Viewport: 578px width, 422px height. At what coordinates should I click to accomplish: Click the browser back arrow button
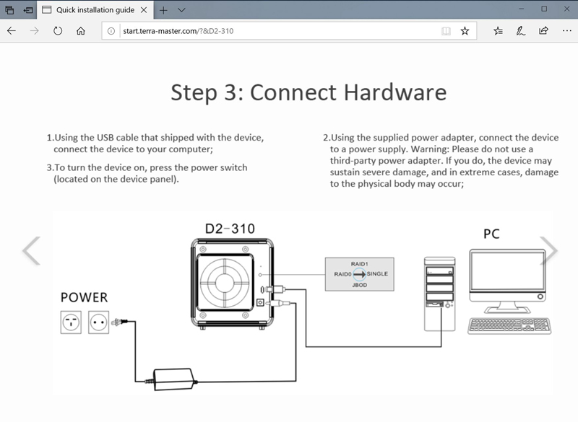click(x=12, y=31)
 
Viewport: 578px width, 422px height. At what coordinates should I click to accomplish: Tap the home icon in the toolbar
click(x=81, y=31)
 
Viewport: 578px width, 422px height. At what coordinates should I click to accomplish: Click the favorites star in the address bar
click(x=465, y=31)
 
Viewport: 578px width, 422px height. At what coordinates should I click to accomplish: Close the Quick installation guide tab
click(x=144, y=10)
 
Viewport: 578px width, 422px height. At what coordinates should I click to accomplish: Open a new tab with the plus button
click(x=163, y=10)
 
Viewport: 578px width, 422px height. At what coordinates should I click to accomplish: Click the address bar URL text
click(x=178, y=31)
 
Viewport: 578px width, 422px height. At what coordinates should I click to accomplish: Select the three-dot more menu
click(x=567, y=31)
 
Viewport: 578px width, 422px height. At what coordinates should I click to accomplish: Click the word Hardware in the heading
click(x=395, y=92)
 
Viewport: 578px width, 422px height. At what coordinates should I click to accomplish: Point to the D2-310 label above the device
click(x=230, y=229)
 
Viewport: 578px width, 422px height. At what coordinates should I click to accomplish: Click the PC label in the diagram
click(x=491, y=234)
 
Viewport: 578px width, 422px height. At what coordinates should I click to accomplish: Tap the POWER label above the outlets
click(x=84, y=297)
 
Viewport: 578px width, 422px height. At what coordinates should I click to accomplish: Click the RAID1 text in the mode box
click(x=359, y=264)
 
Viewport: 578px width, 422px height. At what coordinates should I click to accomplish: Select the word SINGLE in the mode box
click(x=377, y=273)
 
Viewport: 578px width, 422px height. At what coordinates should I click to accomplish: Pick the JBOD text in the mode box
click(x=359, y=285)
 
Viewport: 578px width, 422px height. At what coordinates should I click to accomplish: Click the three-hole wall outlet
click(x=71, y=322)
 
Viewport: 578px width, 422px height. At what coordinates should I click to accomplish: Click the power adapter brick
click(x=173, y=379)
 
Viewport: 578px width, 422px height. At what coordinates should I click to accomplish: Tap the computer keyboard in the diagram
click(x=509, y=326)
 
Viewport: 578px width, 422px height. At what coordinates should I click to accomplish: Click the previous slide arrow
click(x=32, y=250)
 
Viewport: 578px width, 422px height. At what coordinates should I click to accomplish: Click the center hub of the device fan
click(x=224, y=283)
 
